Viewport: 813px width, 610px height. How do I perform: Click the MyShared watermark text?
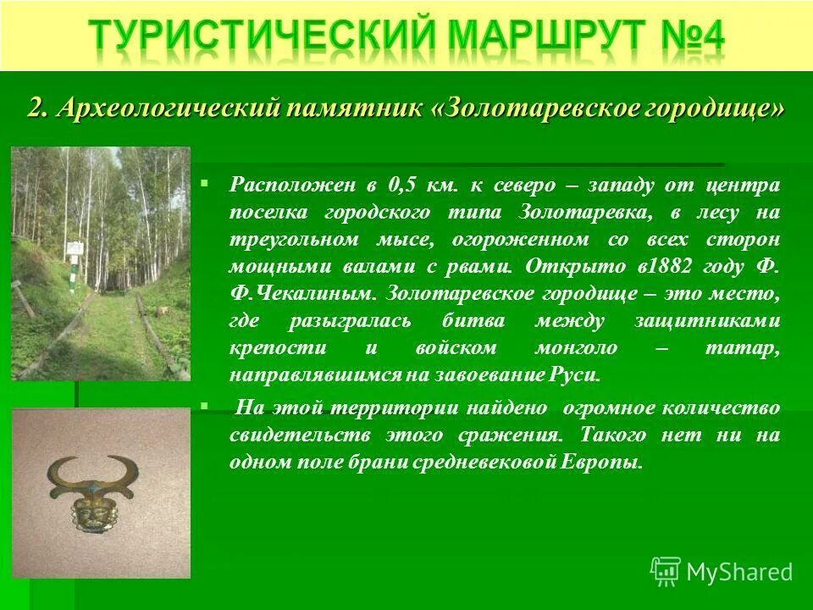click(739, 572)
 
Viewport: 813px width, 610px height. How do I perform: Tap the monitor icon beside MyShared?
click(666, 571)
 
